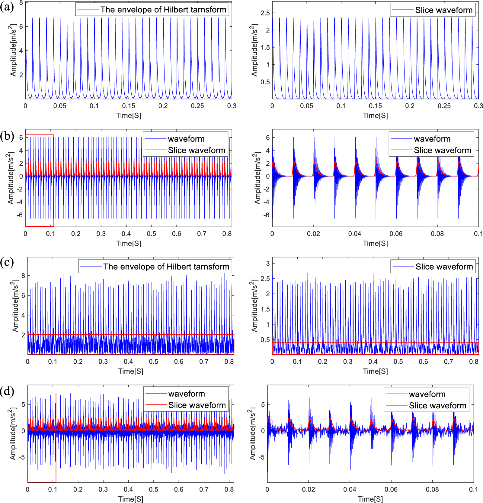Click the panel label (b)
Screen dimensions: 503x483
(x=7, y=136)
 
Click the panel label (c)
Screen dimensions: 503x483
(x=7, y=262)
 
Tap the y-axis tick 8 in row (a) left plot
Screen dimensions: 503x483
(x=21, y=3)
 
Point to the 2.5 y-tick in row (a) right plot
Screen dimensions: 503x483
(x=265, y=13)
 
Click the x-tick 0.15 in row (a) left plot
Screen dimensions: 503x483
(x=129, y=106)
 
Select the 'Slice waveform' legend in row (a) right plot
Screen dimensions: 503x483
(x=443, y=10)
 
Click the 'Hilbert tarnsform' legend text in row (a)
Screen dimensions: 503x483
(x=163, y=10)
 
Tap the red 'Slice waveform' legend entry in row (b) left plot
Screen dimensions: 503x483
(x=196, y=150)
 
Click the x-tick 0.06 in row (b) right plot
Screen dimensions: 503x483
(x=396, y=234)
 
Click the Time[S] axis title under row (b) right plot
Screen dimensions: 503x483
(x=375, y=243)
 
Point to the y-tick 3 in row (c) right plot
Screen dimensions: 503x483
(x=268, y=263)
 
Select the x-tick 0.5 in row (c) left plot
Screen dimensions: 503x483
(x=153, y=362)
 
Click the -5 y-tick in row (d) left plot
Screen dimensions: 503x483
(x=21, y=457)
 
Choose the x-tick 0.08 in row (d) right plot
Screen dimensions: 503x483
(x=432, y=489)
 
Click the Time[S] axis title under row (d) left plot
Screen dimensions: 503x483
(x=130, y=499)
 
